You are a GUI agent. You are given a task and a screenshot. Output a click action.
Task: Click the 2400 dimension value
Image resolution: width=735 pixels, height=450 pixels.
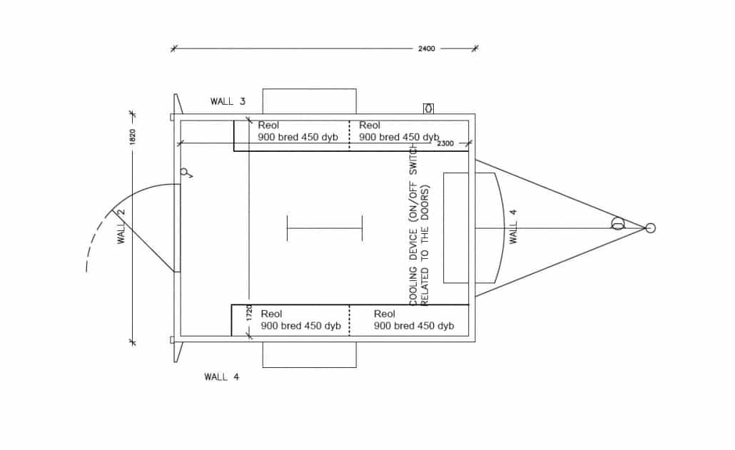[x=427, y=48]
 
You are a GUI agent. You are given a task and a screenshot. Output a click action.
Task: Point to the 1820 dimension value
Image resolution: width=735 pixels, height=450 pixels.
[x=132, y=137]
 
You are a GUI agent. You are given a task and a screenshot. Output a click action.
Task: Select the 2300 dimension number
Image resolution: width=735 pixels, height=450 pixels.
[x=445, y=143]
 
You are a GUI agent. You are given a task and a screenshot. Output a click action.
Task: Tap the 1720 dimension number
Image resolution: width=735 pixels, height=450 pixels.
[x=249, y=313]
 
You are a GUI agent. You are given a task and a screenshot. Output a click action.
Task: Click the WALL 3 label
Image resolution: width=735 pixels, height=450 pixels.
[x=228, y=101]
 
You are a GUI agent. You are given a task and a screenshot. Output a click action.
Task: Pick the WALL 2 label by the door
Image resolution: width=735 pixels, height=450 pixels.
[x=121, y=226]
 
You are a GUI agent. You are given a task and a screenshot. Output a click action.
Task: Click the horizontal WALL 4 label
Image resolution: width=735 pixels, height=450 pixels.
[x=222, y=377]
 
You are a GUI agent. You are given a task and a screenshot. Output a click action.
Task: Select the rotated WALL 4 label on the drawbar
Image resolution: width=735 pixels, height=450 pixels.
[x=513, y=227]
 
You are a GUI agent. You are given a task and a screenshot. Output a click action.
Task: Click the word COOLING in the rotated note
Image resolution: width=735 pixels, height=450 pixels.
[x=413, y=287]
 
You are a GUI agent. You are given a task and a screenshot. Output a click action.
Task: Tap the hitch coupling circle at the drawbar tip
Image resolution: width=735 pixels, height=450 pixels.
[x=650, y=228]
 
